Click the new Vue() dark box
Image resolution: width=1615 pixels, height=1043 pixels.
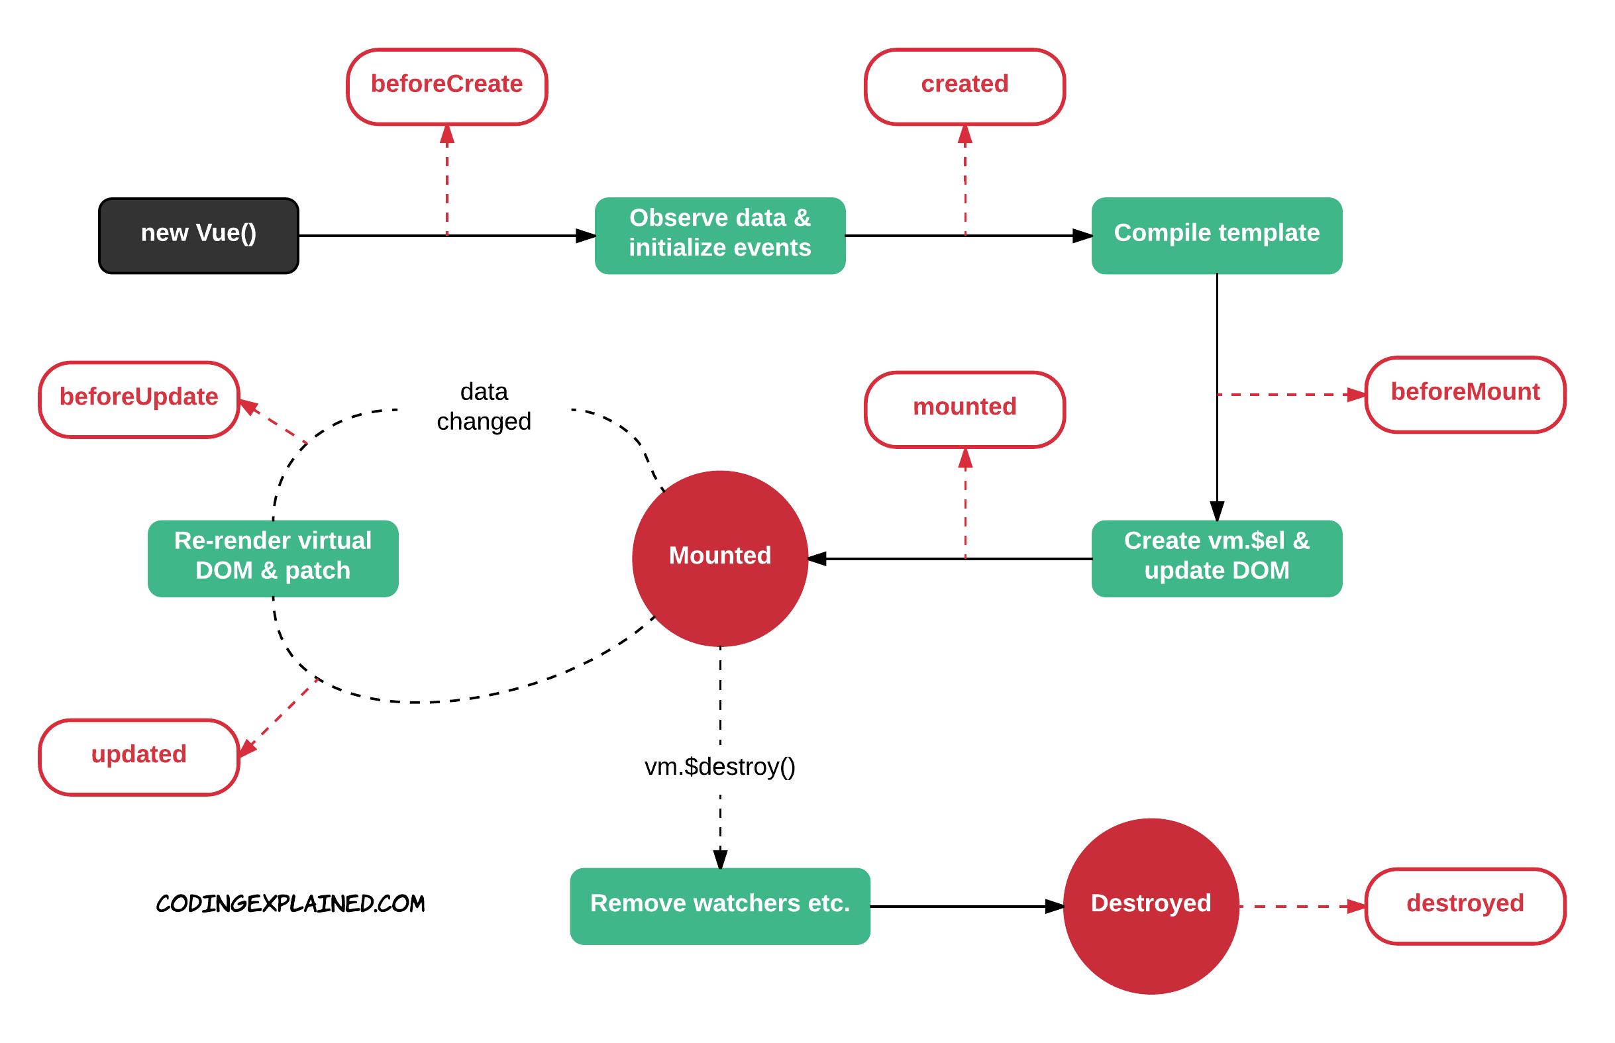point(199,236)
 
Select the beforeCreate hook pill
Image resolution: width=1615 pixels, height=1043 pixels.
point(446,86)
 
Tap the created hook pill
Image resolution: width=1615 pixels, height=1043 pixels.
point(964,86)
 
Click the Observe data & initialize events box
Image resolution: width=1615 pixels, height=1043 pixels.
point(719,236)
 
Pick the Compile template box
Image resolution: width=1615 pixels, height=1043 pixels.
point(1217,236)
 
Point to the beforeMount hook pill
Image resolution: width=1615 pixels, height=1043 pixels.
point(1465,394)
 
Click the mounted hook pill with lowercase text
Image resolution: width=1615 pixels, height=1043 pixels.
point(964,409)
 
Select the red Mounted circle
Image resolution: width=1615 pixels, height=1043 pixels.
point(719,558)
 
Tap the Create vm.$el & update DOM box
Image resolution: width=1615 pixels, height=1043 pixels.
point(1217,558)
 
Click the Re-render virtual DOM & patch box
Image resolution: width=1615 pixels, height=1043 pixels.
point(273,558)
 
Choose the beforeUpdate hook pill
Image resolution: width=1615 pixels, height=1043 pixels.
point(139,399)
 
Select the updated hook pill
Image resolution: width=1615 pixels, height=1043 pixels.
point(139,756)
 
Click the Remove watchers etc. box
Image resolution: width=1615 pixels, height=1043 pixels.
point(719,905)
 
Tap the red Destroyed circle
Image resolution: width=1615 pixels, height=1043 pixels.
point(1151,905)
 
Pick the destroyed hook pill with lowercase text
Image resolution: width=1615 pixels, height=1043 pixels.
point(1465,905)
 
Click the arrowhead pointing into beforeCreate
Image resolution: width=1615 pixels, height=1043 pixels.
point(447,136)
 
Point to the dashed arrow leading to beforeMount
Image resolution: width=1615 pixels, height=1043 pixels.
point(1287,394)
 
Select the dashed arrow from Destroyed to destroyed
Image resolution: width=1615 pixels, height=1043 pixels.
point(1300,905)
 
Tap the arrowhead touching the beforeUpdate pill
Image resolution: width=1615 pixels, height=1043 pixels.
point(249,407)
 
